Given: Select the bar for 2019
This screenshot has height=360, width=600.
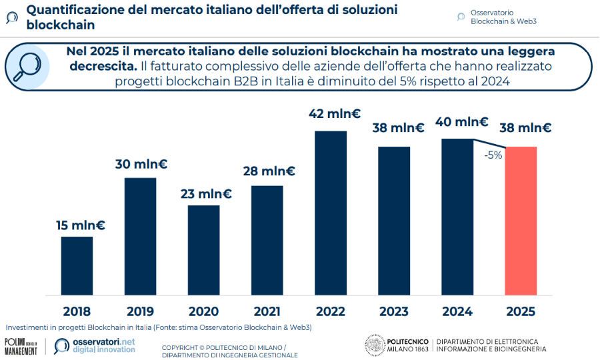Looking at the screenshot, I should [140, 236].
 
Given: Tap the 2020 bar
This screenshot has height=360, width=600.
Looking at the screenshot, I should [203, 249].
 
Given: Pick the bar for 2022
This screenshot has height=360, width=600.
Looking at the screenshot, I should [331, 213].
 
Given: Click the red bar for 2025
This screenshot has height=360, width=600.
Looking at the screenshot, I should [521, 221].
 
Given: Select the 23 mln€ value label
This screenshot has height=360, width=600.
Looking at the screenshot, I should [207, 194].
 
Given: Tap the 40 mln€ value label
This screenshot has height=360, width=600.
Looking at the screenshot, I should [461, 122].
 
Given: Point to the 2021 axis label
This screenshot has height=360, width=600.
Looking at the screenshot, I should [267, 311].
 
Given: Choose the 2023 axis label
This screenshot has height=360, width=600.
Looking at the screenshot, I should [393, 311].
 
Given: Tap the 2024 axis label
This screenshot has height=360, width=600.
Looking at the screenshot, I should [457, 311].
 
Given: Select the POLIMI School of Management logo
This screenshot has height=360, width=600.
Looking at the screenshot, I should [21, 346].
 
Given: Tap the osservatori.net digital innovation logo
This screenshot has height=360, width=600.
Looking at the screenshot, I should [95, 346].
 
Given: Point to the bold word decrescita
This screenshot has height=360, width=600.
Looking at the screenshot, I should [102, 66].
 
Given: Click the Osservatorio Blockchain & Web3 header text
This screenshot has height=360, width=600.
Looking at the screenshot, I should [503, 17].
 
